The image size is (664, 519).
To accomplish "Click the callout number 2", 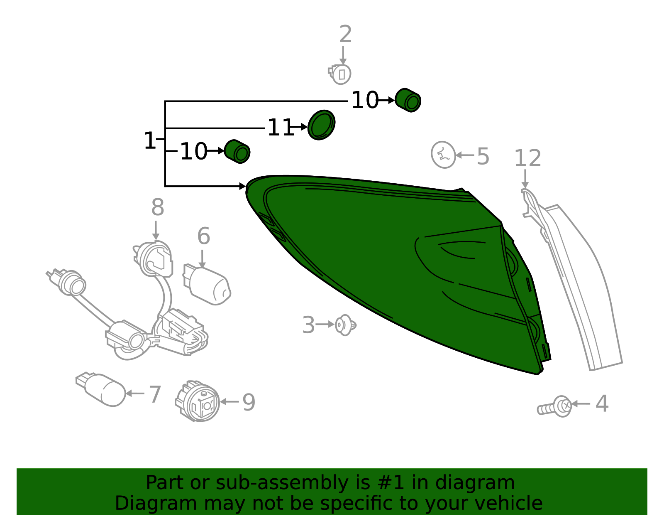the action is [x=345, y=34].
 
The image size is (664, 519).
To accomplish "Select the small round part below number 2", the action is [x=339, y=74].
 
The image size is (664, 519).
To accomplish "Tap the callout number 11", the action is [x=280, y=128].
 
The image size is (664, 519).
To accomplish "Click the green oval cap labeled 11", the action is [x=321, y=125].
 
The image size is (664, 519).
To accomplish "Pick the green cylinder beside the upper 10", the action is [x=408, y=100].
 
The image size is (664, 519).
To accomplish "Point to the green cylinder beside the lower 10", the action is [x=237, y=151].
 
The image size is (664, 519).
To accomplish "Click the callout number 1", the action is [x=150, y=140].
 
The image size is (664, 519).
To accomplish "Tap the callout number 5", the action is [x=483, y=156].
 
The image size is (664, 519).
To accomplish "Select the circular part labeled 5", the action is [x=443, y=155].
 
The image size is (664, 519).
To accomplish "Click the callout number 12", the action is [x=528, y=158].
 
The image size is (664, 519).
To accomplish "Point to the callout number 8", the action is [x=158, y=207].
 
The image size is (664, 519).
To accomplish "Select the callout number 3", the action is [x=308, y=325].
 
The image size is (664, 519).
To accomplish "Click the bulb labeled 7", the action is [x=100, y=389].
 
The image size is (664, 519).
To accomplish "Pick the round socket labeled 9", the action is [x=198, y=401].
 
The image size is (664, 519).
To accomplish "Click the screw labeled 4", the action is [x=554, y=406].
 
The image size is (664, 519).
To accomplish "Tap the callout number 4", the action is [x=602, y=404].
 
